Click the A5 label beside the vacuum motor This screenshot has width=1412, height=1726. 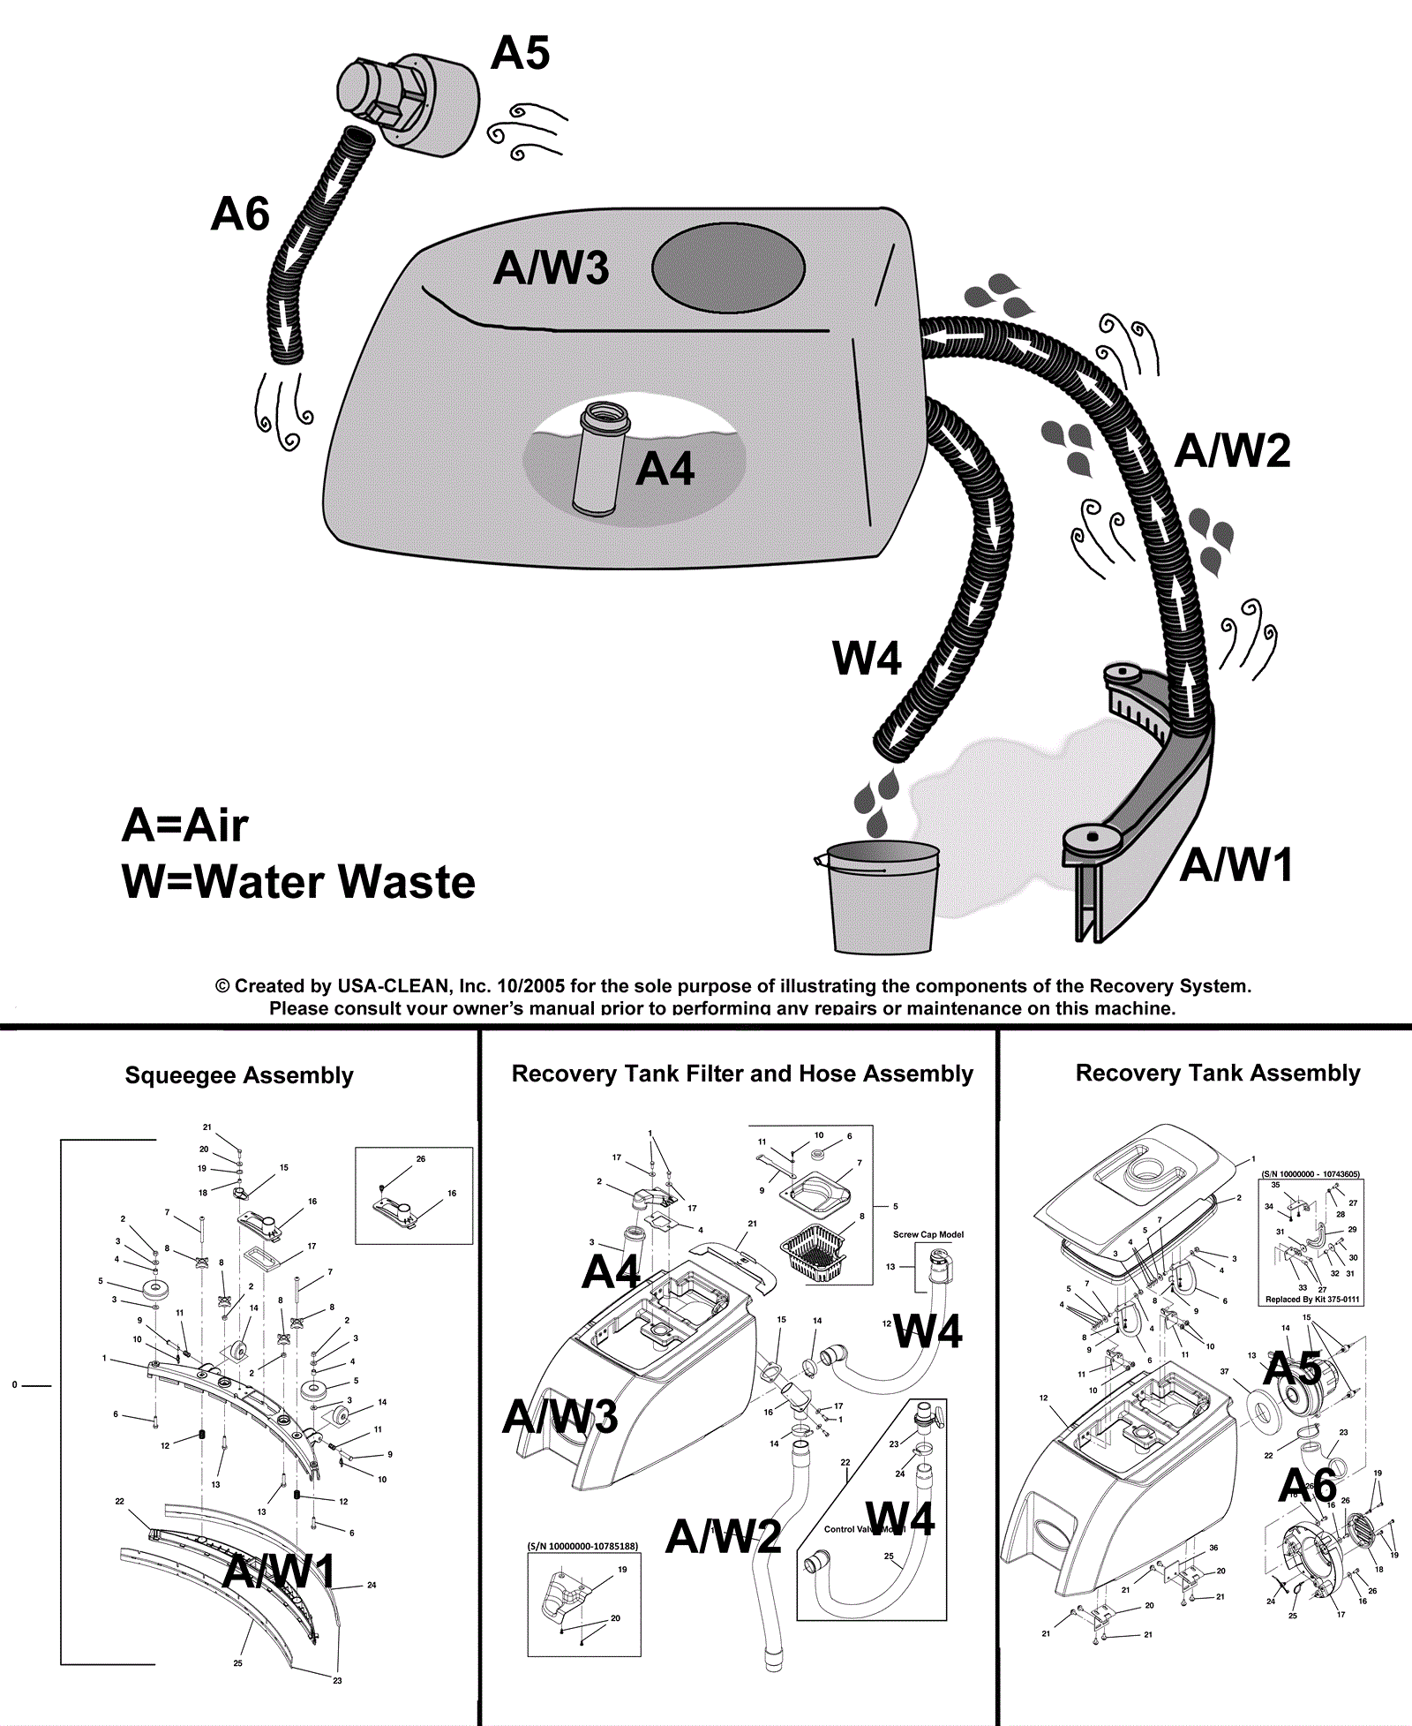tap(520, 54)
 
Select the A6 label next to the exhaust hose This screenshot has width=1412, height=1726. tap(240, 215)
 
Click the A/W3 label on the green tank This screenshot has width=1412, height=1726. tap(551, 268)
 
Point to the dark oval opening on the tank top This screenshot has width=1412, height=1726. tap(728, 268)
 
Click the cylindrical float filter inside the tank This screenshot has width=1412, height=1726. tap(599, 459)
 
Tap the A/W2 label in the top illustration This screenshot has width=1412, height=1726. tap(1232, 451)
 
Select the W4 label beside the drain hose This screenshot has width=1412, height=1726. tap(867, 659)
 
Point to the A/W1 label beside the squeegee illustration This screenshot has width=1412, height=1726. tap(1236, 865)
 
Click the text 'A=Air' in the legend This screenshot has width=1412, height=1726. tap(184, 825)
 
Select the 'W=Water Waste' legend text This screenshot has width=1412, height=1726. tap(298, 882)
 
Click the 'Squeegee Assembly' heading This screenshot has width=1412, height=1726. tap(239, 1075)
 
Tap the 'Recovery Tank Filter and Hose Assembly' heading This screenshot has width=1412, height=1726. tap(742, 1074)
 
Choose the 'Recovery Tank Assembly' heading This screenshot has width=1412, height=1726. tap(1218, 1073)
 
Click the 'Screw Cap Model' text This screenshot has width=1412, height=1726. tap(928, 1234)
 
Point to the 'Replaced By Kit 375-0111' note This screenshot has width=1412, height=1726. tap(1312, 1299)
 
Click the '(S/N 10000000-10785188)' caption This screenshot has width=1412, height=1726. tap(582, 1546)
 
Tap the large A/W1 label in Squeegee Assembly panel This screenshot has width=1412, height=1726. tap(280, 1571)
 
